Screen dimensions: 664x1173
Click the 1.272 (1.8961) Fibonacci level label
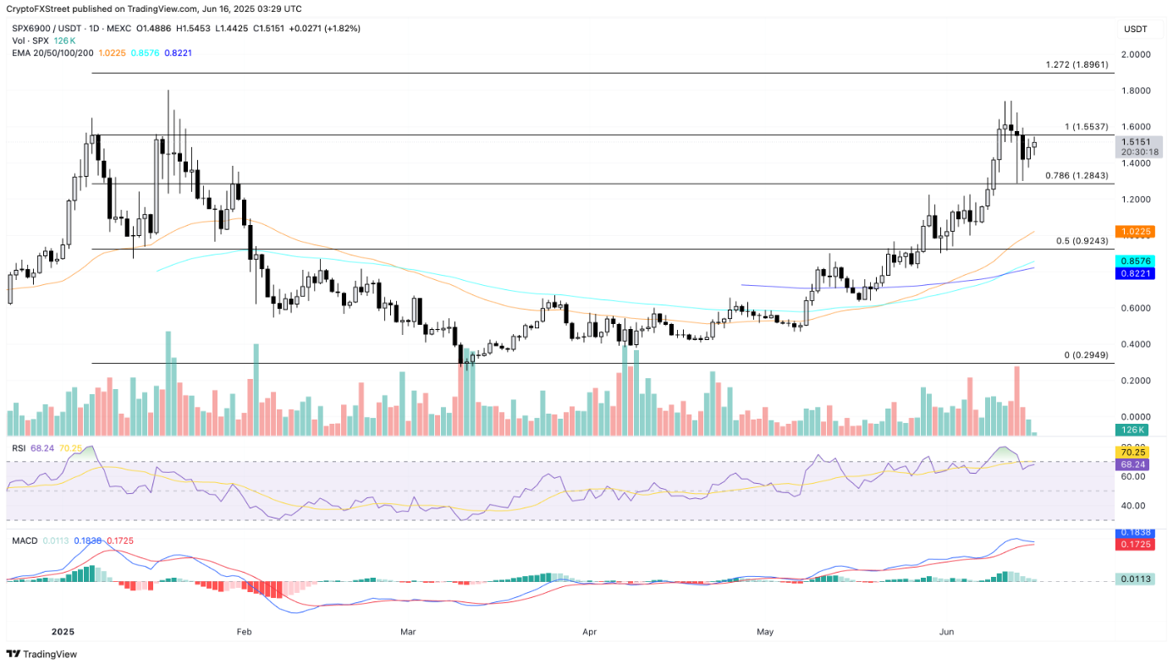[x=1077, y=64]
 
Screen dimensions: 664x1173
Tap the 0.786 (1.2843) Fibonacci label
[x=1077, y=175]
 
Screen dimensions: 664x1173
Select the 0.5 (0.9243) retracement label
[x=1082, y=241]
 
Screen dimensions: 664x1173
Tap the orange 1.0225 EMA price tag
[x=1134, y=231]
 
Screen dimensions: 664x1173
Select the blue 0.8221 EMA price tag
[x=1134, y=273]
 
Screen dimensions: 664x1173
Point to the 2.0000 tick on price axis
[x=1134, y=54]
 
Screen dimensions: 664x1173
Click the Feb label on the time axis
[x=245, y=632]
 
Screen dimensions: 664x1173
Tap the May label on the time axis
[x=765, y=632]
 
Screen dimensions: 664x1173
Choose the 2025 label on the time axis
[x=63, y=632]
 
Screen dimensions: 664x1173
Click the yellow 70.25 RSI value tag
[x=1134, y=453]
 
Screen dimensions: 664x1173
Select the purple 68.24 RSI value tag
[x=1134, y=464]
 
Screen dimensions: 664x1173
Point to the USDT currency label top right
[x=1135, y=30]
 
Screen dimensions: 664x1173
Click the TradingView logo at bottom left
[x=41, y=654]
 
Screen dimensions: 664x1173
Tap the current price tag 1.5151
[x=1134, y=142]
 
